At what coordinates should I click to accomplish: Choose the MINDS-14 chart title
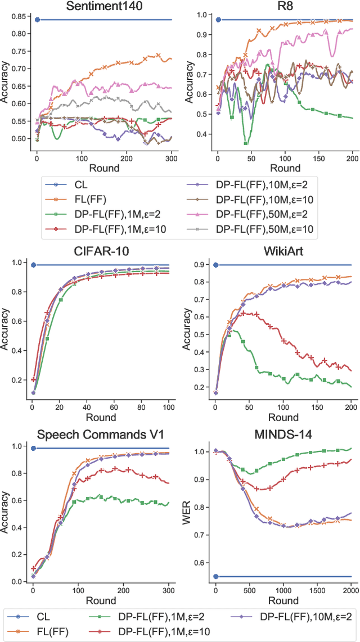282,434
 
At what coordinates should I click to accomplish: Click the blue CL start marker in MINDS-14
215,577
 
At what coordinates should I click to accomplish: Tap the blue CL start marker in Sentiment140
37,20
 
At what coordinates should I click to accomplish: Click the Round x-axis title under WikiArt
282,417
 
